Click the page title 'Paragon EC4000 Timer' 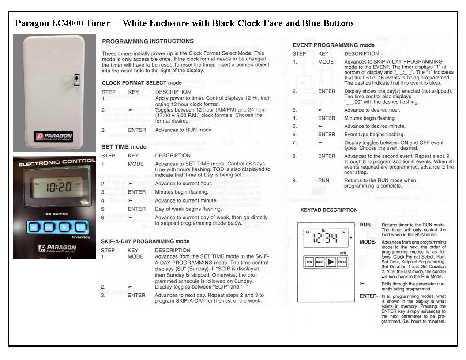point(62,23)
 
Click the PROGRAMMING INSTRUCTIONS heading point(147,41)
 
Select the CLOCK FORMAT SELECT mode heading point(141,83)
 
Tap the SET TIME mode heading point(124,147)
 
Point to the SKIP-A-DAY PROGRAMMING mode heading point(145,241)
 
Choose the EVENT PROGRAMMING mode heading point(334,45)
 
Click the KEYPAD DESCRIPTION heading point(329,210)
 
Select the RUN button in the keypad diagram point(309,262)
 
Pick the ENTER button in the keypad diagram point(342,262)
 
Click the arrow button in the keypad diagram point(331,262)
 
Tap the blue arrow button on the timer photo point(64,228)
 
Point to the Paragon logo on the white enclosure point(54,136)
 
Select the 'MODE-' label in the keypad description point(368,242)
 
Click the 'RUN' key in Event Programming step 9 point(323,180)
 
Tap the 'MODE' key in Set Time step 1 point(135,164)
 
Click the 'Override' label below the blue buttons point(81,237)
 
